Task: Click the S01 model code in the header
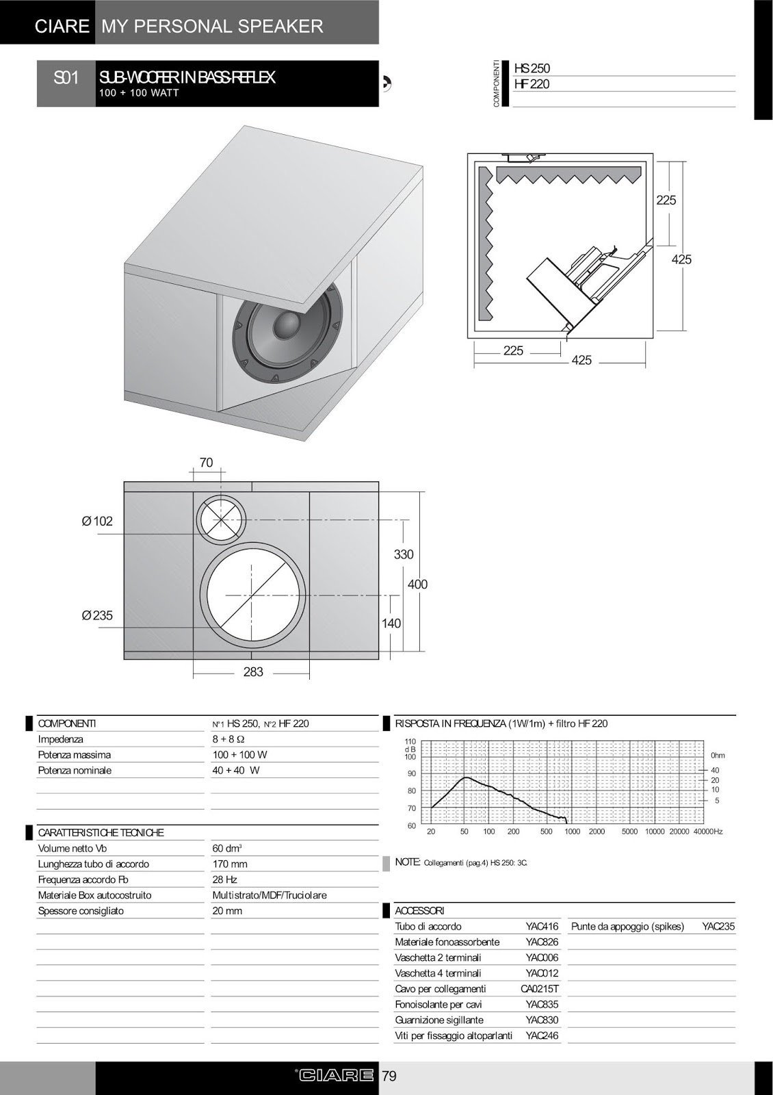coord(66,78)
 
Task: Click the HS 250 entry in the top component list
coord(532,68)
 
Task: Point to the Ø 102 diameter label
coord(97,521)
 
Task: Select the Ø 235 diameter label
coord(97,616)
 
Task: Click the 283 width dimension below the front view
coord(253,672)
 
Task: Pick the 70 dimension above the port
coord(206,463)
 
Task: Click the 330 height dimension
coord(404,555)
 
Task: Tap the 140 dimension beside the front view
coord(391,623)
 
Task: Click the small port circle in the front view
coord(222,518)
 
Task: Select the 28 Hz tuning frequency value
coord(224,880)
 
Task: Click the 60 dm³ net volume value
coord(225,849)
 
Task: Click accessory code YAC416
coord(542,927)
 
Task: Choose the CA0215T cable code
coord(539,989)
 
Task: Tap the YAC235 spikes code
coord(718,927)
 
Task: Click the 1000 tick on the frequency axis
coord(572,832)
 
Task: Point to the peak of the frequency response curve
coord(465,777)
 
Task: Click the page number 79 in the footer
coord(389,1077)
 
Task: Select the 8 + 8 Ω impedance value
coord(228,740)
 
